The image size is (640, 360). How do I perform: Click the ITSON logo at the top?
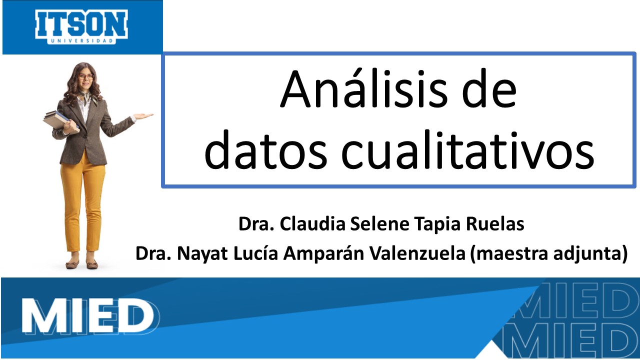(x=81, y=27)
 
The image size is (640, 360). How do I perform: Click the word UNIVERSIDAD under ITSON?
(x=81, y=41)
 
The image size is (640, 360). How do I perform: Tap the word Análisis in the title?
(x=363, y=88)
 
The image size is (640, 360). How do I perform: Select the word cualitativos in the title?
(x=467, y=150)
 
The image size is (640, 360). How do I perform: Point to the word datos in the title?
(x=265, y=150)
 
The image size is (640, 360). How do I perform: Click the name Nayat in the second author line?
(x=202, y=254)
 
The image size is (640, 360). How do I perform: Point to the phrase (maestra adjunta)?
(x=549, y=254)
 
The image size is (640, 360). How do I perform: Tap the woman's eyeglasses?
(x=86, y=77)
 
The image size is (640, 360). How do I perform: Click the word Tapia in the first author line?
(x=437, y=224)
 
